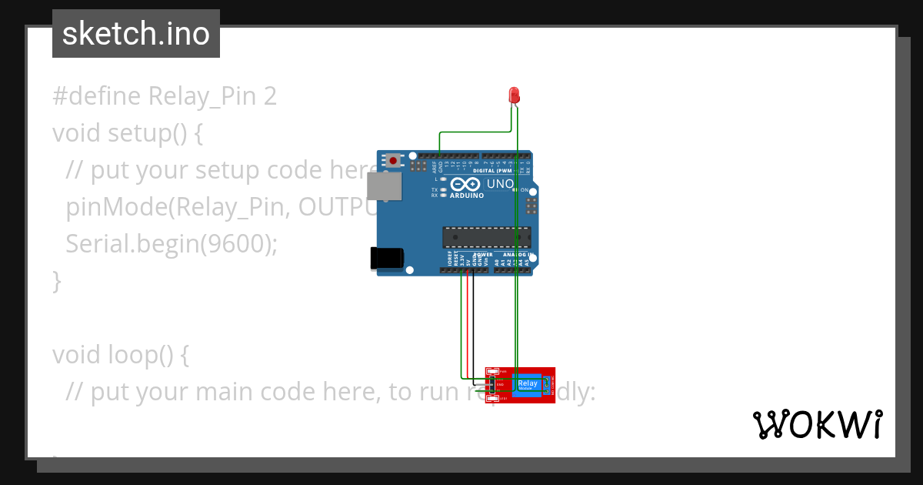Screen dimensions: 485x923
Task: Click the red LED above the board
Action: pyautogui.click(x=515, y=95)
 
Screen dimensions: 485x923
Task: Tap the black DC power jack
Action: pyautogui.click(x=386, y=259)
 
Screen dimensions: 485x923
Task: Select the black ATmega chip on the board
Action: pyautogui.click(x=486, y=237)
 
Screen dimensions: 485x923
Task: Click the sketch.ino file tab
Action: pyautogui.click(x=136, y=34)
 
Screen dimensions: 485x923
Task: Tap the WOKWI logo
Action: pyautogui.click(x=817, y=424)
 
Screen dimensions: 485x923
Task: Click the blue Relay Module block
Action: pyautogui.click(x=528, y=384)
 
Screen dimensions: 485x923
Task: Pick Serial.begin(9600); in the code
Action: pyautogui.click(x=171, y=244)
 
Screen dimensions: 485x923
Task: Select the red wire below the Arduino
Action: pyautogui.click(x=467, y=323)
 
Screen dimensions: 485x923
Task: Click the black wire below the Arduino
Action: pyautogui.click(x=473, y=323)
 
